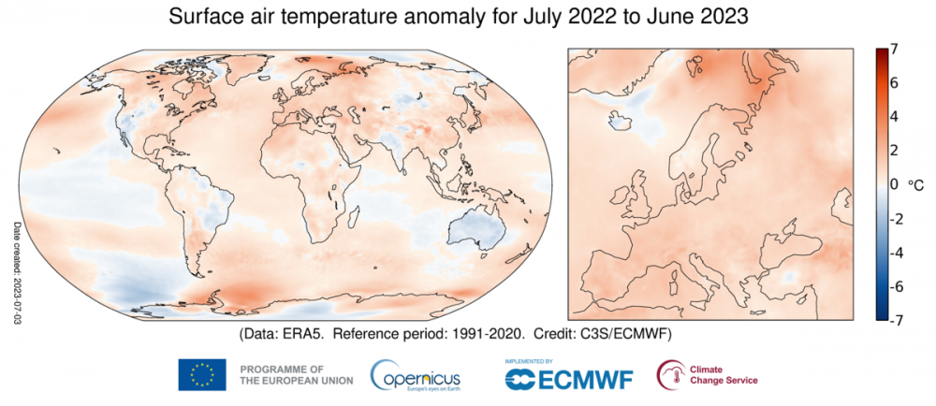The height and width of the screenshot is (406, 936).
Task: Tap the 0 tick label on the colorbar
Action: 895,185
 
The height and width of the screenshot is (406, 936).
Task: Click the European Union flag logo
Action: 202,375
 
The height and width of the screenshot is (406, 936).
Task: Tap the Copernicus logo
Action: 415,374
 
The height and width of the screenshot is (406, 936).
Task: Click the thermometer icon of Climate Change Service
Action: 671,374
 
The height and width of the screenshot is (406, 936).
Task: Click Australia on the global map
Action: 474,229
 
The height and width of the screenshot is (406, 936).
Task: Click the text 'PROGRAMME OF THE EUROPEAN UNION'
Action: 296,375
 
